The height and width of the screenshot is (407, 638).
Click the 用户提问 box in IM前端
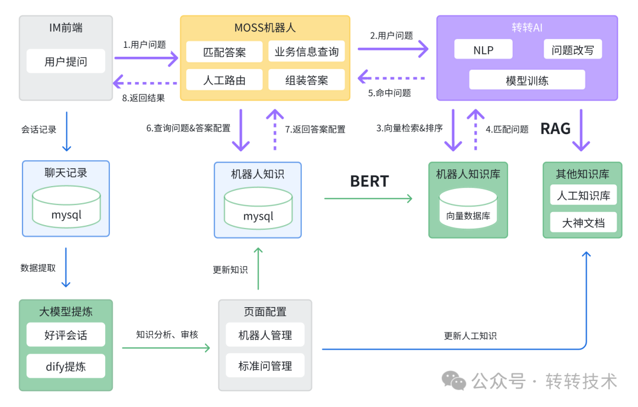66,61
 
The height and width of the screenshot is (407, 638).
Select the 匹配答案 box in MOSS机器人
224,52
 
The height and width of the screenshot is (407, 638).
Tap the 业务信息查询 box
306,52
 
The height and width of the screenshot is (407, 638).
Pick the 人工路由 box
224,80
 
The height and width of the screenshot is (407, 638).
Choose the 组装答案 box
306,80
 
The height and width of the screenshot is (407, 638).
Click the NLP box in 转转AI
483,50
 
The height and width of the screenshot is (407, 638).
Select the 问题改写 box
572,50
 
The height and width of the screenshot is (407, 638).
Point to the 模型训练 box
527,80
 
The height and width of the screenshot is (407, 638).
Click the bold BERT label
369,181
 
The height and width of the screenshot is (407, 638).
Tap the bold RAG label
555,128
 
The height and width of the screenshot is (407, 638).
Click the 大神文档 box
582,223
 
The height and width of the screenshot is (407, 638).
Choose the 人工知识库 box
582,196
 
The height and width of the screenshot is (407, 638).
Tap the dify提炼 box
66,366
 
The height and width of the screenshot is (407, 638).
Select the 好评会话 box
66,335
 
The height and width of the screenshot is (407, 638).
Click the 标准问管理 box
265,366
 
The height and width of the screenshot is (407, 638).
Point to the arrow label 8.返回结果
144,98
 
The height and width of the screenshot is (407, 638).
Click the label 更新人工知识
470,336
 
